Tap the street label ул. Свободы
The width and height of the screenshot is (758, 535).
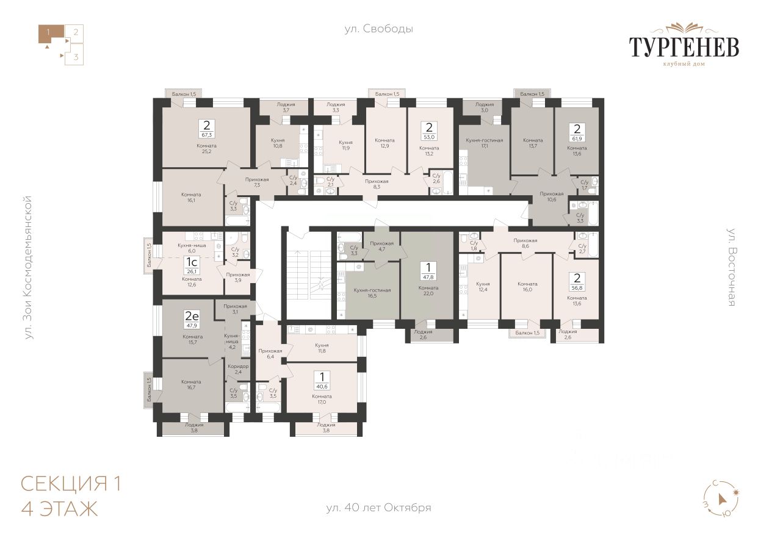[x=378, y=29]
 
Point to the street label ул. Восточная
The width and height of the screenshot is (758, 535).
[x=732, y=267]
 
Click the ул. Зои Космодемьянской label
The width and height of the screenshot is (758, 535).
[x=29, y=267]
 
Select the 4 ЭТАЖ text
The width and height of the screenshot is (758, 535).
[x=59, y=509]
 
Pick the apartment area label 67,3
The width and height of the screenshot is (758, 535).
[x=206, y=135]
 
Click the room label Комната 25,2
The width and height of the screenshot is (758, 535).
[x=206, y=148]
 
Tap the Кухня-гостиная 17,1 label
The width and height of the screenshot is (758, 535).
[x=484, y=143]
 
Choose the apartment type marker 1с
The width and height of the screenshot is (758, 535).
[x=192, y=262]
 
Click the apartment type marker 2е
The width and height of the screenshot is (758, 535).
[x=192, y=316]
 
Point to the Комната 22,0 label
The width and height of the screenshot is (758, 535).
[x=428, y=290]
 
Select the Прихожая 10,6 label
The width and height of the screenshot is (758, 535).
[x=552, y=196]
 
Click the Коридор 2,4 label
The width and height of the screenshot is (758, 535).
[x=238, y=369]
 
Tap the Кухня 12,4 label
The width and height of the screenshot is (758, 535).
[x=483, y=287]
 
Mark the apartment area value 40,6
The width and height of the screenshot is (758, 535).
[x=322, y=387]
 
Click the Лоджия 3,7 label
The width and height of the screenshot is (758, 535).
[x=286, y=107]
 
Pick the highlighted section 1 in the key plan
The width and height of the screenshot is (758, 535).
[x=50, y=34]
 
